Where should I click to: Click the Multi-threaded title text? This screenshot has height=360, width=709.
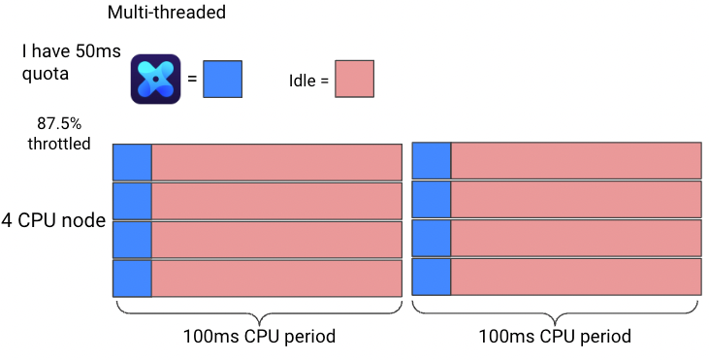(167, 12)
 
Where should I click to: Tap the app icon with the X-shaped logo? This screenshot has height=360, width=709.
(155, 80)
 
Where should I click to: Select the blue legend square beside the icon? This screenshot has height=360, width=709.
(222, 80)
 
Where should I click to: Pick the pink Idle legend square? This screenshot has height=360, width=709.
(355, 79)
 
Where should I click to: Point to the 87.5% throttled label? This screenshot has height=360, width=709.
(59, 133)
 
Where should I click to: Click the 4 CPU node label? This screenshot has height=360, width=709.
(53, 220)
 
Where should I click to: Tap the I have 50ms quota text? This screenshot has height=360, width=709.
(72, 62)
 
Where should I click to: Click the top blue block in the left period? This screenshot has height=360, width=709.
(132, 162)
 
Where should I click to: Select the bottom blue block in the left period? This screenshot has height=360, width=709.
(132, 278)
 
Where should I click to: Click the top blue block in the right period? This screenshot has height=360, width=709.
(432, 160)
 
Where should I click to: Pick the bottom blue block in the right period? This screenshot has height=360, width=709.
(432, 277)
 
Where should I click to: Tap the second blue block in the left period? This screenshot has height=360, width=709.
(132, 201)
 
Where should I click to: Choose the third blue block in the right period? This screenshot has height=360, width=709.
(432, 238)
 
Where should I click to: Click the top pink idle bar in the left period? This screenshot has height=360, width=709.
(276, 162)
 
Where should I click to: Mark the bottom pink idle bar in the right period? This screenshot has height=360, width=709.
(576, 277)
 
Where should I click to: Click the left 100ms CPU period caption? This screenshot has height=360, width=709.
(259, 337)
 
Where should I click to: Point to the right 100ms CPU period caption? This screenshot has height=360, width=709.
(555, 337)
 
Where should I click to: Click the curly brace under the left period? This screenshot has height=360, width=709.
(259, 313)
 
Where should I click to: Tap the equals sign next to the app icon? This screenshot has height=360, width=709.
(192, 79)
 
